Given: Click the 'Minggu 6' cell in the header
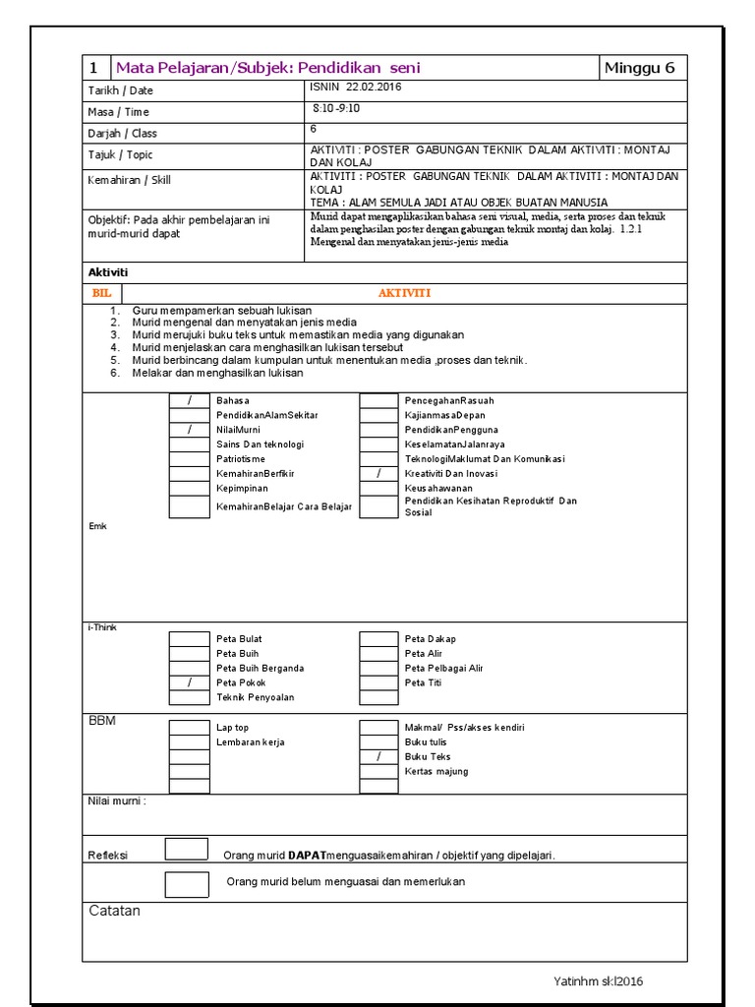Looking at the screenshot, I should pyautogui.click(x=640, y=68).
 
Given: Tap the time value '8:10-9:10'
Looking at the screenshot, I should pyautogui.click(x=336, y=109).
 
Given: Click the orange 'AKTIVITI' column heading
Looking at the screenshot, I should pyautogui.click(x=404, y=293).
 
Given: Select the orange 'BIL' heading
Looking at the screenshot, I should pyautogui.click(x=101, y=293).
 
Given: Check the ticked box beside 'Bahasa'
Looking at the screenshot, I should pyautogui.click(x=189, y=400).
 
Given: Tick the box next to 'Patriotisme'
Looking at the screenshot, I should pyautogui.click(x=189, y=459).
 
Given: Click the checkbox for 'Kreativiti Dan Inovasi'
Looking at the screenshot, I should pyautogui.click(x=378, y=474).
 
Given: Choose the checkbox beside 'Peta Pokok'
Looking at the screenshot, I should pyautogui.click(x=189, y=682).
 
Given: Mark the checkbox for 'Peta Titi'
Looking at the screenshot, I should pyautogui.click(x=378, y=682).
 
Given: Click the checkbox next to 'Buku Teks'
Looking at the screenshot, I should pyautogui.click(x=378, y=757).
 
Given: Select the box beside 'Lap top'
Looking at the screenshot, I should pyautogui.click(x=189, y=728).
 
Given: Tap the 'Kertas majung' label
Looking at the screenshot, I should pyautogui.click(x=436, y=772).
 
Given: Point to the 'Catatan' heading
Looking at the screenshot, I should pyautogui.click(x=114, y=911).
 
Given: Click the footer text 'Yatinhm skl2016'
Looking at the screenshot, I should pyautogui.click(x=599, y=981).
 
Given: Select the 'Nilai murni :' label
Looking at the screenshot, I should pyautogui.click(x=117, y=801).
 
